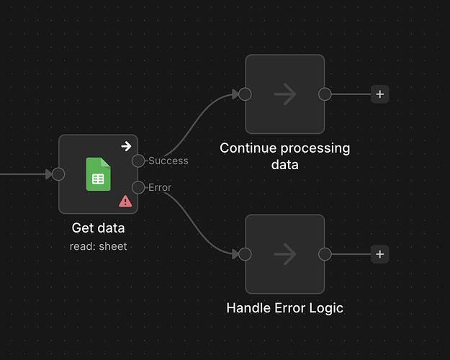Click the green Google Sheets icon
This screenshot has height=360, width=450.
[98, 174]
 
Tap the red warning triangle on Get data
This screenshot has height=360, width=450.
[125, 201]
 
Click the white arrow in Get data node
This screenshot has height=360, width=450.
[126, 146]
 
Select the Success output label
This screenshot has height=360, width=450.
[168, 161]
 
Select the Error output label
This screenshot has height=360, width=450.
[159, 188]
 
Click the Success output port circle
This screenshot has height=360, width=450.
[138, 161]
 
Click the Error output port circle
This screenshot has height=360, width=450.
[138, 188]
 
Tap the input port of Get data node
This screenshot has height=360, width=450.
[59, 174]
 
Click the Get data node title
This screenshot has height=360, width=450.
[98, 228]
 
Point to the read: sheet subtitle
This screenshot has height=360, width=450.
[98, 246]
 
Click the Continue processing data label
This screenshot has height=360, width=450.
[284, 156]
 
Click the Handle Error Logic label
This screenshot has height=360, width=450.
[284, 308]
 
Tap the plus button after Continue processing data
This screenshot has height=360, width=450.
[380, 94]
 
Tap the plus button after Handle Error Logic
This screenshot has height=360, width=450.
[380, 253]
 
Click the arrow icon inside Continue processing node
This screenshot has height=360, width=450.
[285, 94]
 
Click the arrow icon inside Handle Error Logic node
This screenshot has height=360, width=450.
[285, 253]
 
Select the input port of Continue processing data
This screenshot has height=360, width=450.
[246, 94]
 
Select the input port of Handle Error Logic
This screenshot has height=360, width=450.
[246, 253]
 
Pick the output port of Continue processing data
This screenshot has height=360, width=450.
[325, 94]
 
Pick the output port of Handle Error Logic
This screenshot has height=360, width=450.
[325, 253]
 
